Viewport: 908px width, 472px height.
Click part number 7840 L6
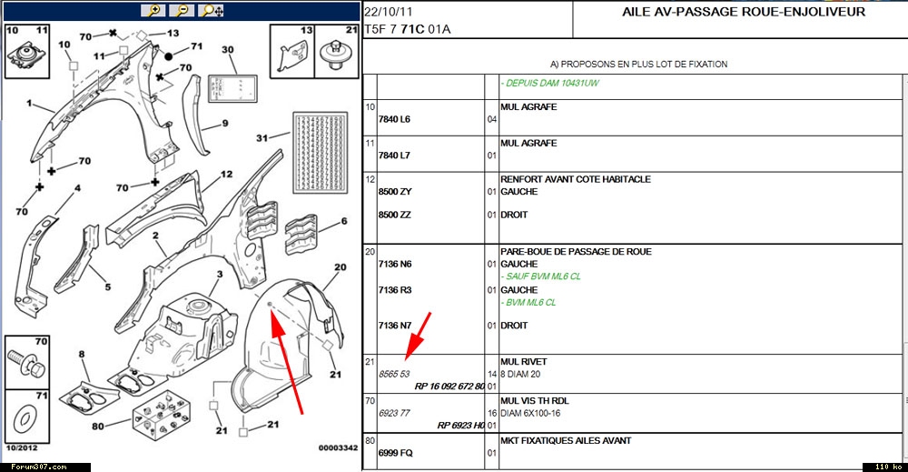[x=394, y=119]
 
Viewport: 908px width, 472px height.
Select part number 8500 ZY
[x=394, y=192]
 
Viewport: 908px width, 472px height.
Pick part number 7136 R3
[x=394, y=290]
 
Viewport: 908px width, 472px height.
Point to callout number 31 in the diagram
[x=262, y=138]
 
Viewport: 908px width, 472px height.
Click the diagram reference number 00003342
[x=336, y=447]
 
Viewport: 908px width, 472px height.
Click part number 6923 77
[x=394, y=412]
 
